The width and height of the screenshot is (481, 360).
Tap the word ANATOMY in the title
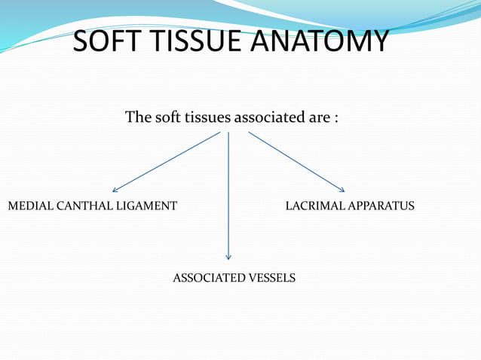[325, 41]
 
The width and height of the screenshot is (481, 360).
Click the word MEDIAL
[27, 206]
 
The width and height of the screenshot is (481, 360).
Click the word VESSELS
[272, 279]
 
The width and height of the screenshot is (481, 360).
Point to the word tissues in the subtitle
[207, 118]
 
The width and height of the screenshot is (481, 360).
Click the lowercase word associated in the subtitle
[268, 118]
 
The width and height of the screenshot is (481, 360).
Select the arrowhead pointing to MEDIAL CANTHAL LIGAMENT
[115, 190]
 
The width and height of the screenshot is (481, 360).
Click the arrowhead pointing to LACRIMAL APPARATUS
[342, 189]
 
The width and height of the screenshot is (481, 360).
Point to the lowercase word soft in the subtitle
[167, 118]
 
